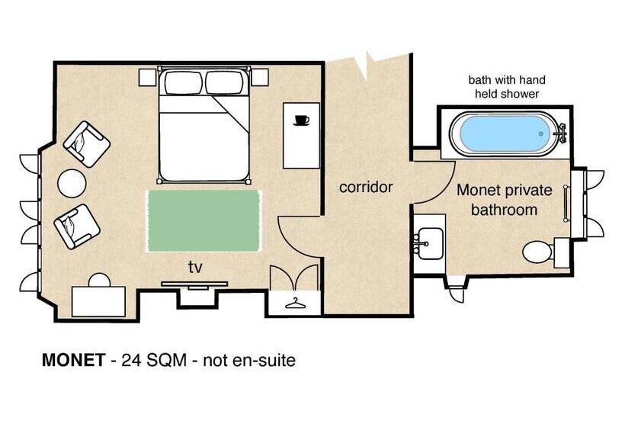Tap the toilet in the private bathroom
(537, 251)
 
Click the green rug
(204, 220)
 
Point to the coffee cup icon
(301, 120)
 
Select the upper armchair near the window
(86, 143)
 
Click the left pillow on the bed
(183, 82)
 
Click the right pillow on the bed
(226, 82)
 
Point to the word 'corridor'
(366, 187)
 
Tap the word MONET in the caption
(72, 360)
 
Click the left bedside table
(148, 77)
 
